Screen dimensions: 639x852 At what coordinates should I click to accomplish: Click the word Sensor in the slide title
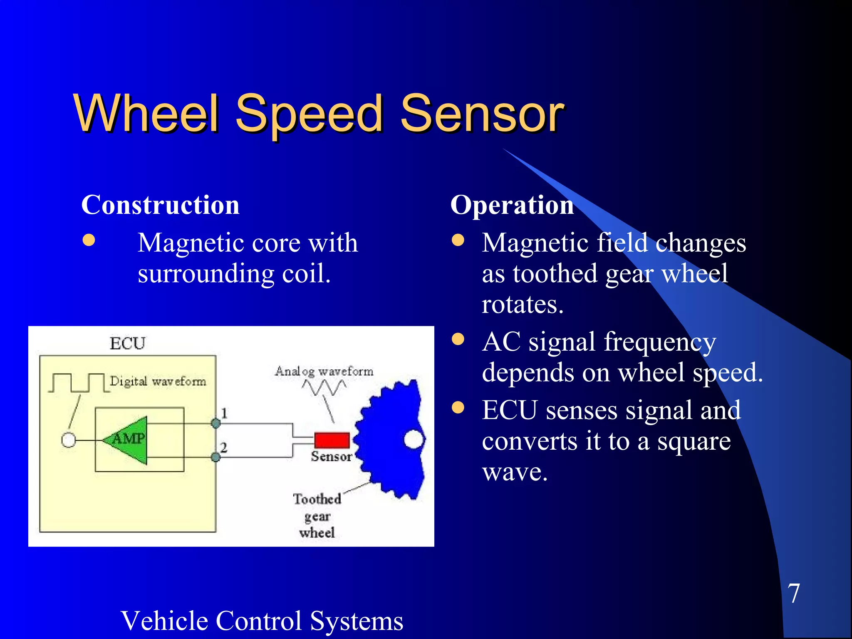coord(482,113)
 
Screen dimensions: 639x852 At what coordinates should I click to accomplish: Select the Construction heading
coord(160,205)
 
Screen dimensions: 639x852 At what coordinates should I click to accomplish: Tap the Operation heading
coord(512,205)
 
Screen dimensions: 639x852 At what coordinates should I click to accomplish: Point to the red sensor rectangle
coord(332,440)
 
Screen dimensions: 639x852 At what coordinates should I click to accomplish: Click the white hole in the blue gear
coord(414,439)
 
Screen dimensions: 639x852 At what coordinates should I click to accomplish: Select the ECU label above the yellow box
coord(127,344)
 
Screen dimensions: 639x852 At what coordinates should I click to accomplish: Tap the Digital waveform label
coord(158,381)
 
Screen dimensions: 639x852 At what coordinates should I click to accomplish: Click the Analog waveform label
coord(324,371)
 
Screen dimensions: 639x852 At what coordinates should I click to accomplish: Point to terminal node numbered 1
coord(215,424)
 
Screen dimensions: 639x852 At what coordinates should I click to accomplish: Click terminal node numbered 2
coord(215,457)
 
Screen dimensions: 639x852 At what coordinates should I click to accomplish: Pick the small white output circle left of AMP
coord(69,440)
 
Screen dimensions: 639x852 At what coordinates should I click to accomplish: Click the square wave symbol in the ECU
coord(77,383)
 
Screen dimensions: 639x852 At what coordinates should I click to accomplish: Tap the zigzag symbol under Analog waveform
coord(324,388)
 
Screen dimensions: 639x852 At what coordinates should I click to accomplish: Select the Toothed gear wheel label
coord(317,515)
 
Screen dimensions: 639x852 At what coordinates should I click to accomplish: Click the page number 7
coord(793,593)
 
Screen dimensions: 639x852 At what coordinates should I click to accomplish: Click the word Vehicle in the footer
coord(170,621)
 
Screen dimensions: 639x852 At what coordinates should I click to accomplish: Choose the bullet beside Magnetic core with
coord(89,240)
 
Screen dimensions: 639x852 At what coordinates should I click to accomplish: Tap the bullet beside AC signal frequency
coord(458,339)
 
